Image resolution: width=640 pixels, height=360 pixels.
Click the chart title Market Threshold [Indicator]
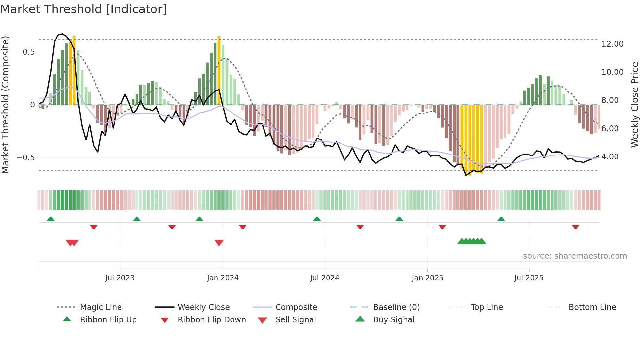pos(84,9)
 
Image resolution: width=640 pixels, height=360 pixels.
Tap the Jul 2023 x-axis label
pos(120,278)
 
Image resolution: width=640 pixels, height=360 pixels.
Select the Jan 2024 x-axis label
pos(223,278)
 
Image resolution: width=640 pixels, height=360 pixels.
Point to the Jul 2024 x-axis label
pos(325,278)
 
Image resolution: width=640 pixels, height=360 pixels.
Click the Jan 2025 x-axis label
pos(427,278)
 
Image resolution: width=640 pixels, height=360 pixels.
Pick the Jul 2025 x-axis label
pos(529,278)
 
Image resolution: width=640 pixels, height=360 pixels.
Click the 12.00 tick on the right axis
pos(612,44)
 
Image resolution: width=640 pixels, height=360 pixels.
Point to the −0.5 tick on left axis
pos(25,158)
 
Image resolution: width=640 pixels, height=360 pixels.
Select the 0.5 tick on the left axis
pos(29,52)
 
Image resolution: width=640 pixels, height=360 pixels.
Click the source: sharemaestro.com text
pos(575,256)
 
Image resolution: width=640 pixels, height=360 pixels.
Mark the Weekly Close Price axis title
pos(634,105)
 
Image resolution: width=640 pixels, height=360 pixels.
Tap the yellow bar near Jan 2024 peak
pos(219,70)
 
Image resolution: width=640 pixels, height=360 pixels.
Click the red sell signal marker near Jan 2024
pos(219,243)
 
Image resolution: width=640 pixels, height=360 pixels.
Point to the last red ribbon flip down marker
pos(575,227)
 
